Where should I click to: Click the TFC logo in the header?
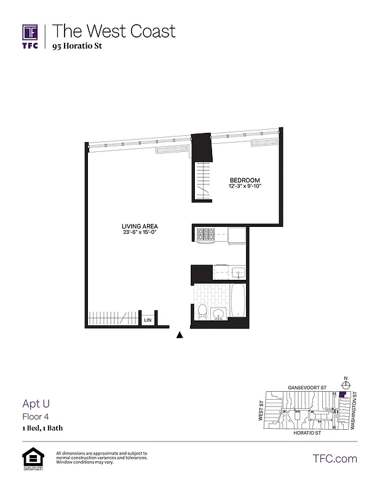pos(30,36)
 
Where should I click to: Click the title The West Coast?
pos(114,31)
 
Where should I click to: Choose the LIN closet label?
pos(148,320)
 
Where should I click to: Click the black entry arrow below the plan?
pos(180,335)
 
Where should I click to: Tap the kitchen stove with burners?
pos(204,234)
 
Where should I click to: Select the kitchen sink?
pos(238,272)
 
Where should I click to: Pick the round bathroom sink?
pos(217,315)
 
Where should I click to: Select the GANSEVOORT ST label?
pos(306,389)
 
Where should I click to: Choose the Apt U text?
pos(36,404)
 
